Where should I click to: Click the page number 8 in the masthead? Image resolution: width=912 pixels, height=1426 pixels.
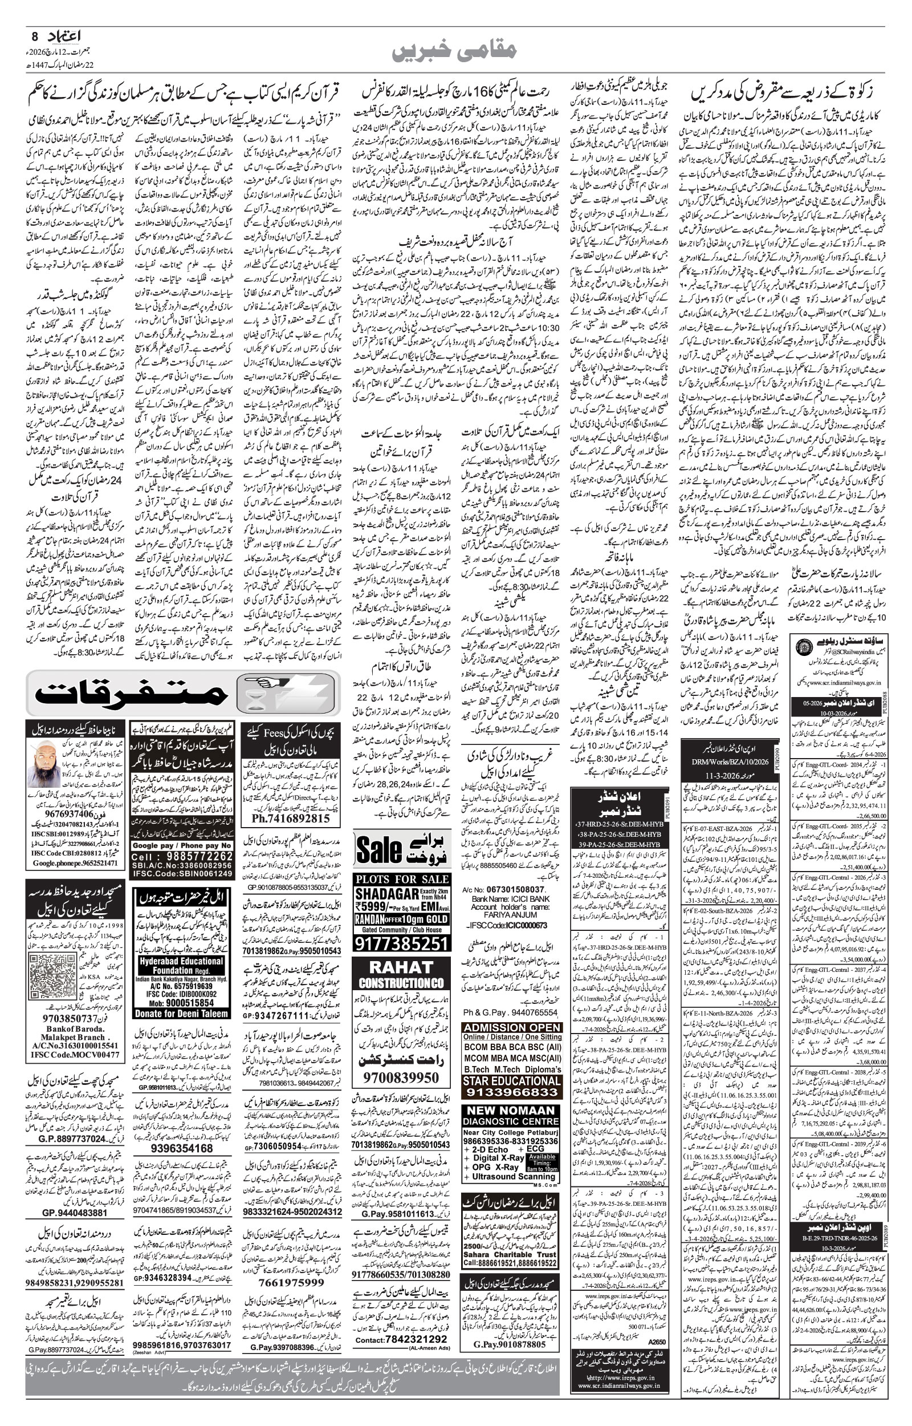pyautogui.click(x=34, y=36)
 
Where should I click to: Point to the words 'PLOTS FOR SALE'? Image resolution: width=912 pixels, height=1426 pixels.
pyautogui.click(x=401, y=878)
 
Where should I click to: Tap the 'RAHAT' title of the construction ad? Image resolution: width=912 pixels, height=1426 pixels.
pyautogui.click(x=401, y=967)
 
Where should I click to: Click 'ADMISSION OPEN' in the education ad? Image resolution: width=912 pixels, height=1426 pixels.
pyautogui.click(x=512, y=1028)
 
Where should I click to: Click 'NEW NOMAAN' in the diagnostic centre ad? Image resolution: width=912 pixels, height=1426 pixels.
pyautogui.click(x=511, y=1109)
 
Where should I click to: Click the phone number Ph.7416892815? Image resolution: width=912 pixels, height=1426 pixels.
pyautogui.click(x=290, y=818)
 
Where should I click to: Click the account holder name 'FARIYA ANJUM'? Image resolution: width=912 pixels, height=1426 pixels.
pyautogui.click(x=512, y=914)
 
